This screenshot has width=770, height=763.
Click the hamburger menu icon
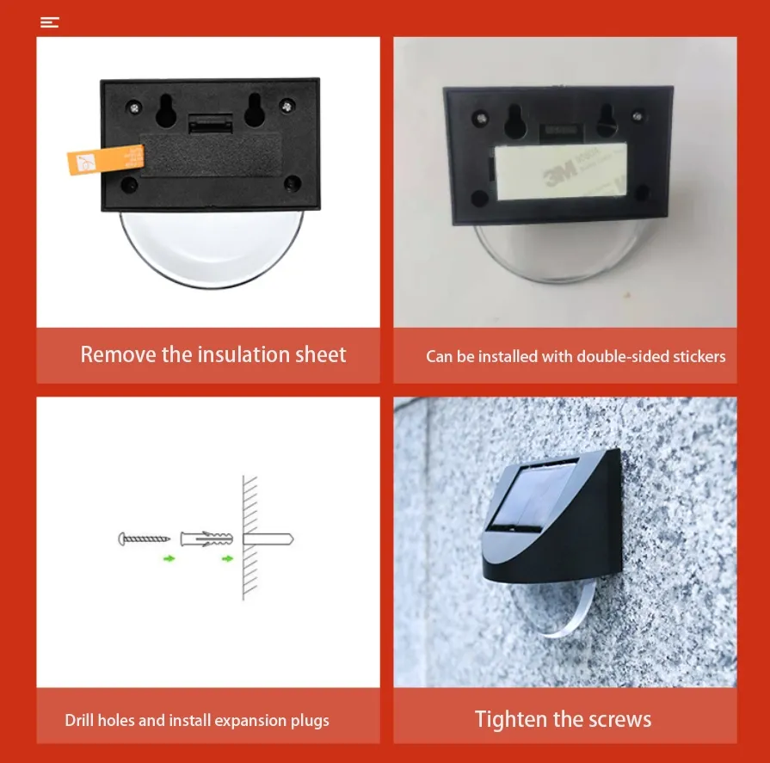pos(50,22)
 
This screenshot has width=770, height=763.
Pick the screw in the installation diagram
pos(145,539)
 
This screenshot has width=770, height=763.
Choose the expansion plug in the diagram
pos(206,539)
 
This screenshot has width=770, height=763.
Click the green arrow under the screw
pos(169,558)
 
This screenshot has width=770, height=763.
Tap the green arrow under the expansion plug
pos(227,558)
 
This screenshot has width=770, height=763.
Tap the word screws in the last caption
pos(621,719)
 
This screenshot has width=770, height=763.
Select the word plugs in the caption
pos(307,721)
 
